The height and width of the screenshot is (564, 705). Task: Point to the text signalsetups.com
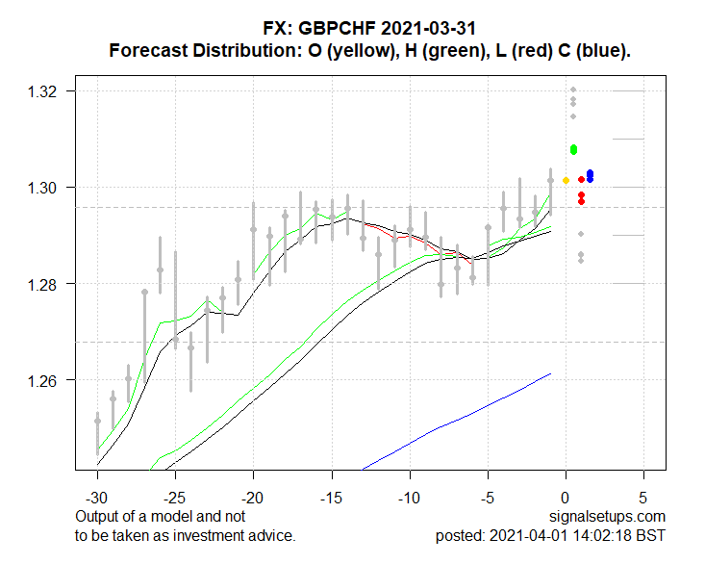(610, 518)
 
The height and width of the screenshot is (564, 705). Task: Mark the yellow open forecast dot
(566, 180)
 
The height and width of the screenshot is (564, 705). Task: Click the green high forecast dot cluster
(573, 149)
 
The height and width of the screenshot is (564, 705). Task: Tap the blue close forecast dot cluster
(590, 175)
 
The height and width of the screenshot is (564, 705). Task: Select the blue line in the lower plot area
(462, 414)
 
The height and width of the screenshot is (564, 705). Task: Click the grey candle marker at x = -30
(97, 421)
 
